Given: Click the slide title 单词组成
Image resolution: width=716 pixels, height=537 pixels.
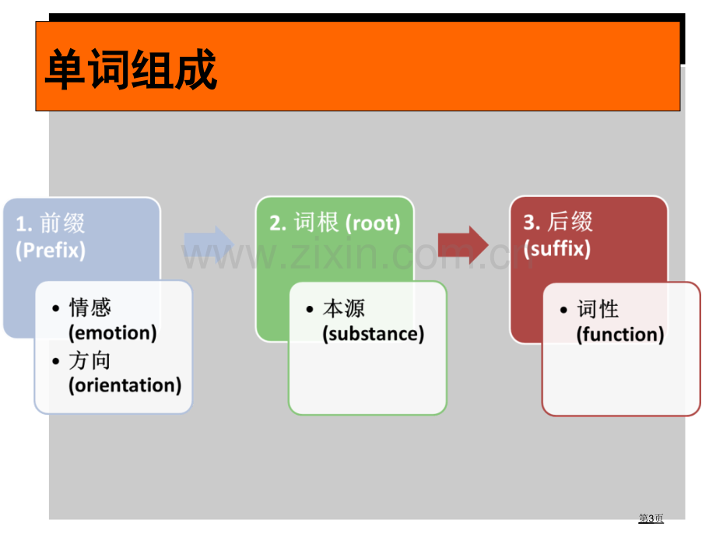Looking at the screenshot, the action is pos(131,69).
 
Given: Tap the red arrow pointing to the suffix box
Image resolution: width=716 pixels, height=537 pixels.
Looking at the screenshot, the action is pos(463,245).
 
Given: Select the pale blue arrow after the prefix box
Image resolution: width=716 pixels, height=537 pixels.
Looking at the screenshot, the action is pos(209,245).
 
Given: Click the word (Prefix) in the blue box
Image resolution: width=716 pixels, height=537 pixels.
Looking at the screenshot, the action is pos(51,251).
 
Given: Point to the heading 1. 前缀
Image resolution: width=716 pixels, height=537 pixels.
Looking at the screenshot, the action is pos(51,223).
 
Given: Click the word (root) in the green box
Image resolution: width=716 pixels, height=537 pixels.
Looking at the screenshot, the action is pos(373,223).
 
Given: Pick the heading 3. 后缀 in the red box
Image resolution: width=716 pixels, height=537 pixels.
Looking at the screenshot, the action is pos(558,222).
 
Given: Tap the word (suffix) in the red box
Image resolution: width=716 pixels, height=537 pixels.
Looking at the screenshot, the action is pos(557,249).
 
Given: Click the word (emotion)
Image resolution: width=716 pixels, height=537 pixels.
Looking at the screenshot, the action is pos(113,333).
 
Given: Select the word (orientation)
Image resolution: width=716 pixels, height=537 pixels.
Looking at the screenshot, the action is pos(125,385).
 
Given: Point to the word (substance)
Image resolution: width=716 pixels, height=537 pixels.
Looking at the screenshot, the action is pos(374,334).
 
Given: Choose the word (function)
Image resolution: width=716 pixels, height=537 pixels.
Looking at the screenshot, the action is pos(620,334).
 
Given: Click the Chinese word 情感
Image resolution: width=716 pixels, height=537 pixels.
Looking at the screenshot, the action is pos(90,307).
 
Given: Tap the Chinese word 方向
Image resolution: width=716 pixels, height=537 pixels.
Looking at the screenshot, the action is pos(89,361).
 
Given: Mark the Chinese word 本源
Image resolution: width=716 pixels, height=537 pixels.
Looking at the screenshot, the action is pos(344,309).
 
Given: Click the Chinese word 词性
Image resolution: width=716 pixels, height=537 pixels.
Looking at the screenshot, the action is pos(598,309).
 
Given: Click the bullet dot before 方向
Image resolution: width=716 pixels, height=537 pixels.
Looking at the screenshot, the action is pos(56,362).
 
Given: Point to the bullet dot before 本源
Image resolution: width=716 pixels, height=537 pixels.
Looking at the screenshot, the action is pos(310,310).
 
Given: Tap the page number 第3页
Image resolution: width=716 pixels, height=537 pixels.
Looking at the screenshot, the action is pos(651,518).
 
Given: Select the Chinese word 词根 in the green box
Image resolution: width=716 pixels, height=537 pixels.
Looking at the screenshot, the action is pos(317,223).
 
